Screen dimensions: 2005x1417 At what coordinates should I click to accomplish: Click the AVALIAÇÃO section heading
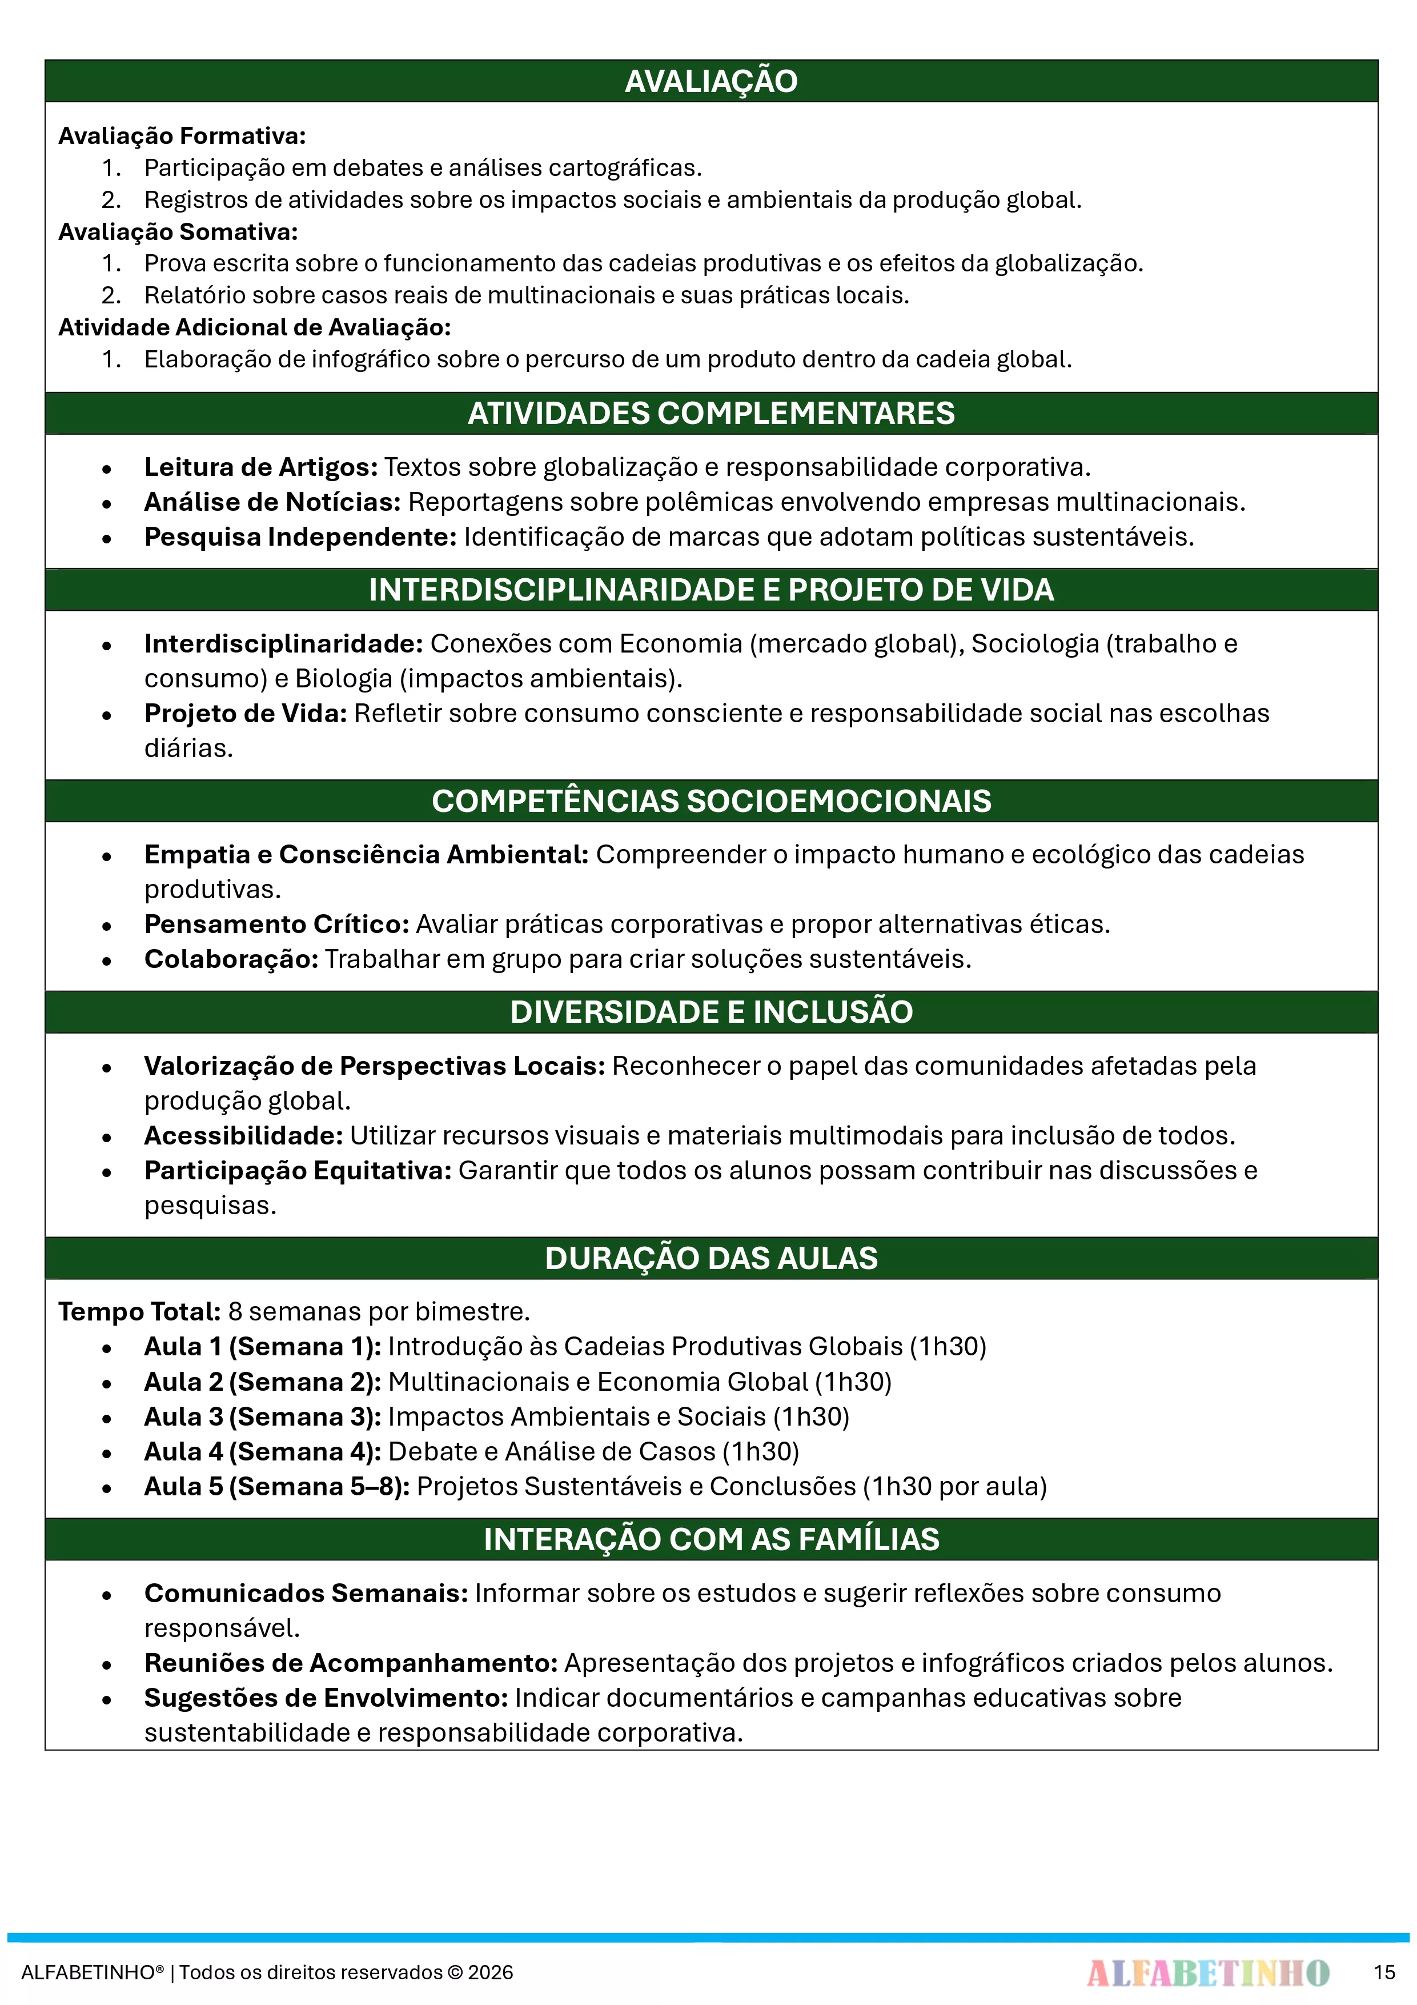pyautogui.click(x=710, y=81)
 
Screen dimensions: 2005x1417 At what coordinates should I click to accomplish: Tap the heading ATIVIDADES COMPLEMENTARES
pyautogui.click(x=710, y=413)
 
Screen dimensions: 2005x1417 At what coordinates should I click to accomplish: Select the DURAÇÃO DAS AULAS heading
pyautogui.click(x=710, y=1258)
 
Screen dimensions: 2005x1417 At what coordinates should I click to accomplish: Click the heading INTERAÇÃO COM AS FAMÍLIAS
pyautogui.click(x=710, y=1539)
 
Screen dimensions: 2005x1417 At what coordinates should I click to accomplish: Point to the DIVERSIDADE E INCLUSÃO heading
pyautogui.click(x=710, y=1011)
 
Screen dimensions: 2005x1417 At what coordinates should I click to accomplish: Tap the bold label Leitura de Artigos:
pyautogui.click(x=260, y=467)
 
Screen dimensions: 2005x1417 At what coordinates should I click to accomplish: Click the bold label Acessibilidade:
pyautogui.click(x=243, y=1135)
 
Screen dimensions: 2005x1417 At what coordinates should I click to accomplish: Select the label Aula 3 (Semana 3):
pyautogui.click(x=262, y=1416)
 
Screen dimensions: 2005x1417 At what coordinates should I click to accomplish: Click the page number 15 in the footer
pyautogui.click(x=1384, y=1972)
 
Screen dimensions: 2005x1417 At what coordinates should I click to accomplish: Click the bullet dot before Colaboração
pyautogui.click(x=106, y=961)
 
